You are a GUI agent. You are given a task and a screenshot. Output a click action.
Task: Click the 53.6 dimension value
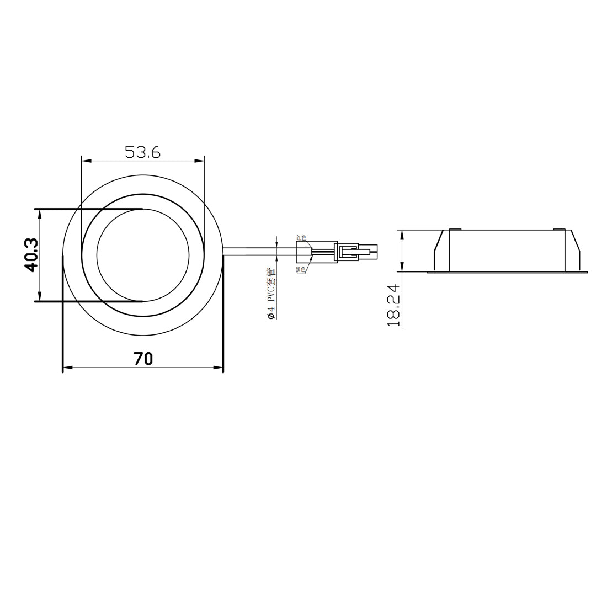(142, 152)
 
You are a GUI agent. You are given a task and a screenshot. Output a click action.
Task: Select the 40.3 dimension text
(30, 255)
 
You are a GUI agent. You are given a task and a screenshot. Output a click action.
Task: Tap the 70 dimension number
(142, 359)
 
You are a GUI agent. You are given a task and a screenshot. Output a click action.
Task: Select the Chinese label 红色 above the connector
(301, 238)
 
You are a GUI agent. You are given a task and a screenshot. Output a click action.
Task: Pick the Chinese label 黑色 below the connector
(301, 270)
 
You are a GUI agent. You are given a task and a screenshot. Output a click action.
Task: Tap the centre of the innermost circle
(143, 255)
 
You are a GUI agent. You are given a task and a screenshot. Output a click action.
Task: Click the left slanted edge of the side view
(438, 243)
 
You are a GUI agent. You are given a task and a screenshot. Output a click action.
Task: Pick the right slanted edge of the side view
(575, 243)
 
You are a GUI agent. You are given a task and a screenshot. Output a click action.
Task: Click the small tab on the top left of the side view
(455, 229)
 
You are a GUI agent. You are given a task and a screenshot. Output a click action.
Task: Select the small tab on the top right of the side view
(558, 229)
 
